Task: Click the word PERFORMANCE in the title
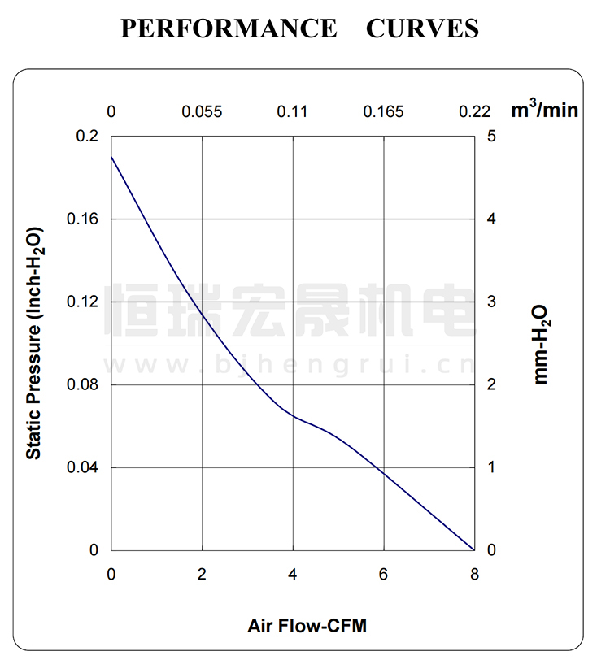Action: (229, 28)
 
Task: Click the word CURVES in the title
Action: (422, 28)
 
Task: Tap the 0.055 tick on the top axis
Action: (202, 111)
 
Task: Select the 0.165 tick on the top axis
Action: (383, 111)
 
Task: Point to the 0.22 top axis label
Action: (474, 111)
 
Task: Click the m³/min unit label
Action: (544, 110)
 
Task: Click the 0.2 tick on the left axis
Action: (87, 136)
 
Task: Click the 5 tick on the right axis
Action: (491, 136)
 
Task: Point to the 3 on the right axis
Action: (491, 302)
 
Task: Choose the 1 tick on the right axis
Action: (491, 467)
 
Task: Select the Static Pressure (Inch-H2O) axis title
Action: (34, 342)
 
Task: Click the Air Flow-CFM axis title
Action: (307, 626)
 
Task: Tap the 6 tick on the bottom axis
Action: (383, 574)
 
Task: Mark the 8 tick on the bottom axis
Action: (474, 574)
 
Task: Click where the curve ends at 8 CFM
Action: (473, 549)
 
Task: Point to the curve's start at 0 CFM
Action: (111, 155)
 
